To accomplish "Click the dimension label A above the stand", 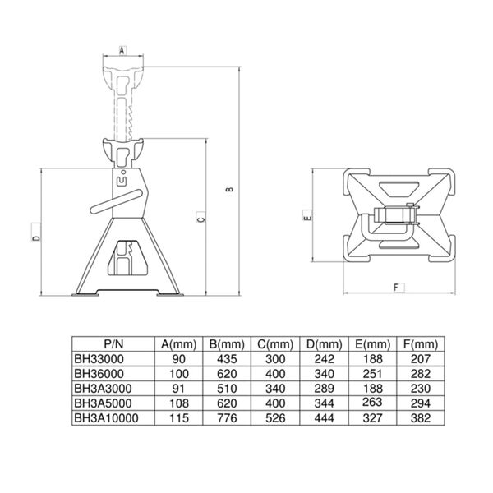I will click(122, 50).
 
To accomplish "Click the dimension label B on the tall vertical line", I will click(231, 190).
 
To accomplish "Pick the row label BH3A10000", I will click(104, 418).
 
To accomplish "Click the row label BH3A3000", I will click(102, 389).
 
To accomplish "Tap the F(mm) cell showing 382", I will click(420, 418).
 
